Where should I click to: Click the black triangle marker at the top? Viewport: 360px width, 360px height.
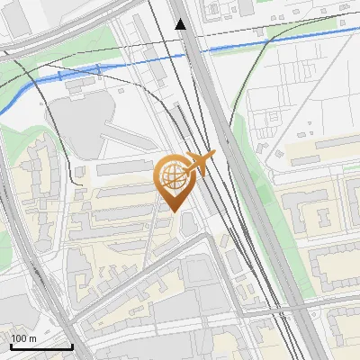(181, 24)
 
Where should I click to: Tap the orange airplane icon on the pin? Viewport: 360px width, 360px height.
(199, 164)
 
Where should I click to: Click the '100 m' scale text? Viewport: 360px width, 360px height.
(24, 338)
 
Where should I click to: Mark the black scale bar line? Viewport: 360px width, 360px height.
(41, 346)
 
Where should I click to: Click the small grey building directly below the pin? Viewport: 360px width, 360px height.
(187, 222)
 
